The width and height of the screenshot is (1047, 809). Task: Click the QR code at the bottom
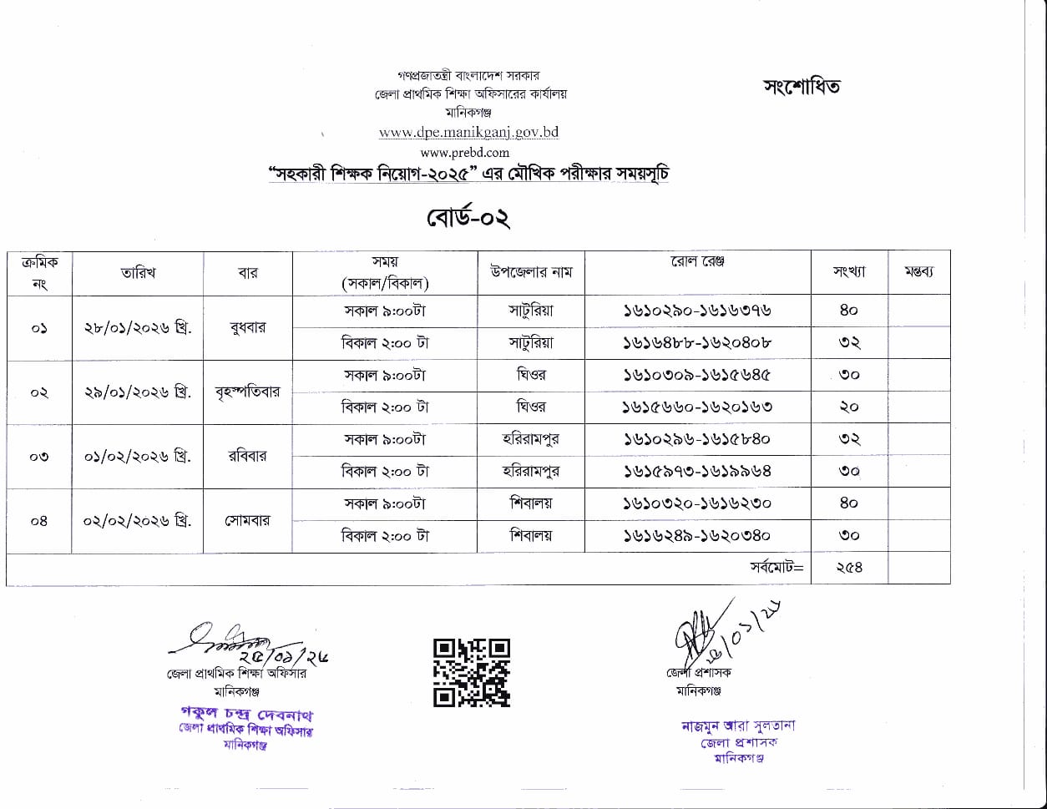tap(471, 672)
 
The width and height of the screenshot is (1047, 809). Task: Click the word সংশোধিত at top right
tap(802, 86)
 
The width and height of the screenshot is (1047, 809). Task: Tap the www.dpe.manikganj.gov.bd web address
tap(468, 132)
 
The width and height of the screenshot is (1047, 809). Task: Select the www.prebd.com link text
tap(465, 152)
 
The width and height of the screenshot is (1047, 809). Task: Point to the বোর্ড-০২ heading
tap(468, 218)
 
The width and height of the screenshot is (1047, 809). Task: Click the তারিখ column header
tap(138, 272)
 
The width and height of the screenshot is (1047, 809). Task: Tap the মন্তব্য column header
tap(918, 271)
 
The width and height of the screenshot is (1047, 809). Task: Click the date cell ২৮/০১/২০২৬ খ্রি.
tap(138, 327)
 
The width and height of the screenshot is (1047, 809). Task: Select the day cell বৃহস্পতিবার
tap(247, 392)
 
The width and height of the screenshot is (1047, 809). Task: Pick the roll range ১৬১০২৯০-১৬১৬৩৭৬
tap(697, 311)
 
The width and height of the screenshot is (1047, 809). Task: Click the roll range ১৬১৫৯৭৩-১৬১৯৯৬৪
tap(697, 471)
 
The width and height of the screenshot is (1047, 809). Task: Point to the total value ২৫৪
tap(849, 568)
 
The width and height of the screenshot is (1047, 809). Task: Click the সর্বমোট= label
tap(776, 568)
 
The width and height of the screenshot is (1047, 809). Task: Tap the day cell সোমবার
tap(247, 520)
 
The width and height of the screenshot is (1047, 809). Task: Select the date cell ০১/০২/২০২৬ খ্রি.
tap(138, 456)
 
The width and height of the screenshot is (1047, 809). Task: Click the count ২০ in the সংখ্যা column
tap(849, 407)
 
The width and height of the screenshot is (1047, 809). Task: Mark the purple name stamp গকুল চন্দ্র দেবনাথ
tap(247, 715)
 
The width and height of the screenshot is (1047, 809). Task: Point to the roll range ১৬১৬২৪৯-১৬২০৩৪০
tap(697, 535)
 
